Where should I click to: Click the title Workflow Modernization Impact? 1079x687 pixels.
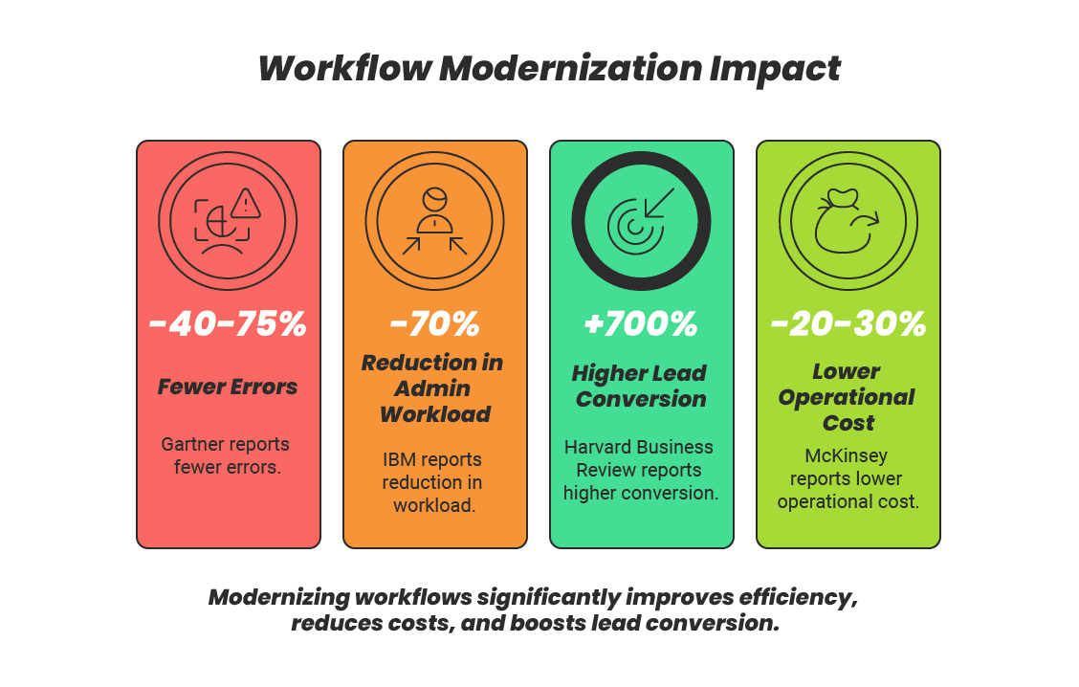coord(549,69)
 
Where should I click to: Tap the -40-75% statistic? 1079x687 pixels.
coord(228,324)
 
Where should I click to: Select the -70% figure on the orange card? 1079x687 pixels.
coord(434,324)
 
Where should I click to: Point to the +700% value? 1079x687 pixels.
coord(641,324)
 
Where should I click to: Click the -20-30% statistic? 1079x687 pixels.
coord(848,324)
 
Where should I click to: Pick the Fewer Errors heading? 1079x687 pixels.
coord(228,388)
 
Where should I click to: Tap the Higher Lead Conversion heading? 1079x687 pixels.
coord(641,386)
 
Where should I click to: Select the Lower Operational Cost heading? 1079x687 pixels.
coord(848,397)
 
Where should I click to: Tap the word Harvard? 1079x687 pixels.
coord(599,447)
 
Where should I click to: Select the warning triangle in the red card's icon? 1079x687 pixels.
coord(246,202)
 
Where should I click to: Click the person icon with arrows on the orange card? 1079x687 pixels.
coord(434,220)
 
